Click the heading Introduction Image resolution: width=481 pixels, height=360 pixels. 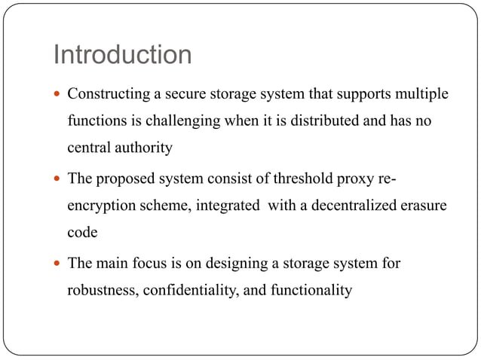click(x=122, y=55)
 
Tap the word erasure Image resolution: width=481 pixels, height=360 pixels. click(x=419, y=206)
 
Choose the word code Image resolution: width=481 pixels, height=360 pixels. click(x=82, y=232)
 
